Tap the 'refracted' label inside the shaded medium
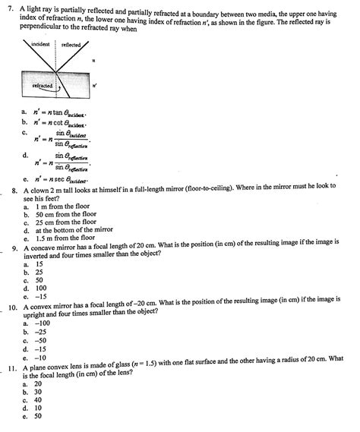[43, 86]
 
